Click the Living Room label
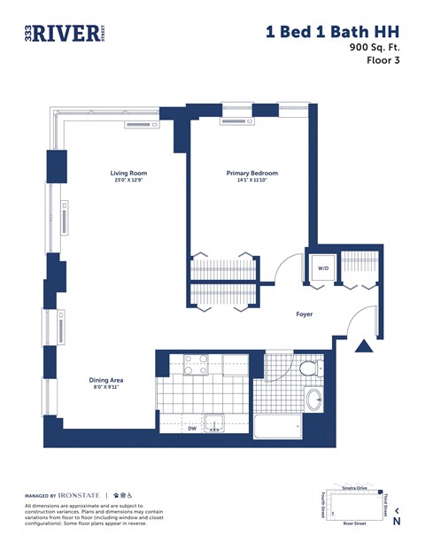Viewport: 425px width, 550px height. (x=128, y=174)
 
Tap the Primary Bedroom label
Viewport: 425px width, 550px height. (x=251, y=174)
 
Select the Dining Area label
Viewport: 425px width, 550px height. (x=105, y=380)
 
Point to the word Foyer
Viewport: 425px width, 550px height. (x=304, y=314)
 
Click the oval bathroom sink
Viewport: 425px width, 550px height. (x=316, y=399)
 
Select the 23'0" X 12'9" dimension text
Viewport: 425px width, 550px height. (x=128, y=182)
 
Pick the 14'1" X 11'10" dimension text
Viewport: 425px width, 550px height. (x=251, y=182)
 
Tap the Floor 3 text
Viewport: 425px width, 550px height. (x=384, y=61)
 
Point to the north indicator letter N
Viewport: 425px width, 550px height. (x=396, y=522)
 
